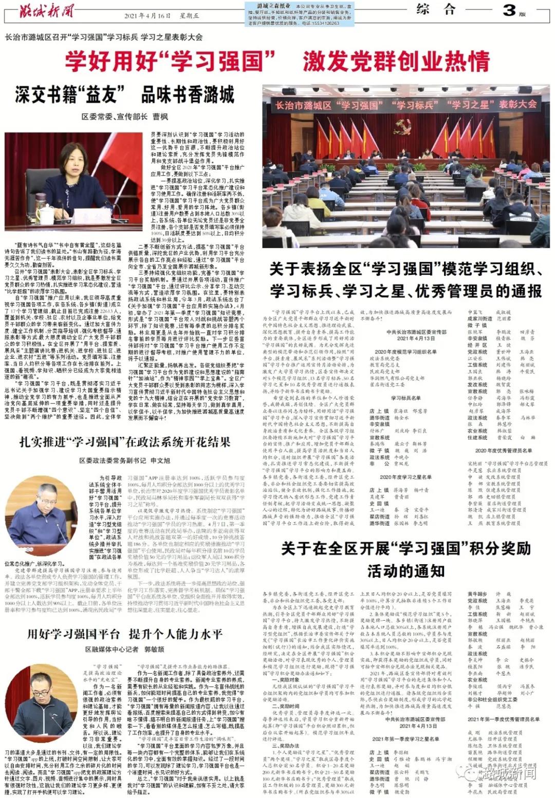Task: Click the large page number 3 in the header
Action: pos(509,10)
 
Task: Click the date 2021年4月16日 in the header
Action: pos(147,16)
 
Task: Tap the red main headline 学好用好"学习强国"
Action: pos(164,62)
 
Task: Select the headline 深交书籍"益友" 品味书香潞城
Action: pos(125,96)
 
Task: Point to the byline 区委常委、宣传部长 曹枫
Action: pos(125,117)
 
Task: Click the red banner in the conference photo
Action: pos(405,105)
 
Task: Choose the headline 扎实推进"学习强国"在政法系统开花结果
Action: pos(125,442)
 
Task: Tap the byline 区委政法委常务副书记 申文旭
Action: pos(125,460)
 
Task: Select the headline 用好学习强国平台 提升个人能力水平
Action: pos(125,634)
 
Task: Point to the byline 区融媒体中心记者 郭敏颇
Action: pos(125,649)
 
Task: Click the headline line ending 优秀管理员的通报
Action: pos(405,291)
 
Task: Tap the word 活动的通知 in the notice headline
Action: pos(405,570)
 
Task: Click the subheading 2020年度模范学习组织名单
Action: pos(405,352)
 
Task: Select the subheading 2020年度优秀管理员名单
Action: pos(503,451)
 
